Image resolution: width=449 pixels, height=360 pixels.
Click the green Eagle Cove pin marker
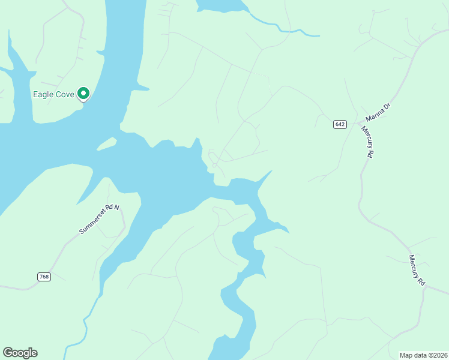pos(84,94)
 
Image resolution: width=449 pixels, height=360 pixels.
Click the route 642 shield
pos(340,124)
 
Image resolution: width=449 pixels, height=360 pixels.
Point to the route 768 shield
pos(44,277)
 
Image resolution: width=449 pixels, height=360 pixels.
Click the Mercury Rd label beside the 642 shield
pos(367,142)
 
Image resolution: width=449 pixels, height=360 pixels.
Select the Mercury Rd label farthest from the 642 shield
pos(417,270)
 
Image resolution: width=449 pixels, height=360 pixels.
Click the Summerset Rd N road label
pos(100,220)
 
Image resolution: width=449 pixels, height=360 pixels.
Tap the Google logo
pos(20,353)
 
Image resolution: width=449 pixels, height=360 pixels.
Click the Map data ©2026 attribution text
pos(423,355)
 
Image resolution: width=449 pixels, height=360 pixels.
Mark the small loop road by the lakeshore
pos(212,157)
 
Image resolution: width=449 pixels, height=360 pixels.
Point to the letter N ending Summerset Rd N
pos(118,207)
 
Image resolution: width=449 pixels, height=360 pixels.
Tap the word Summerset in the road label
pos(91,224)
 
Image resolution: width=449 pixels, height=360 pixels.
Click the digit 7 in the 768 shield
pos(40,277)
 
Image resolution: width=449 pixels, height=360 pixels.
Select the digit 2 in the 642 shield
pos(344,124)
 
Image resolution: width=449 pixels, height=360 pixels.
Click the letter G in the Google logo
pos(8,353)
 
